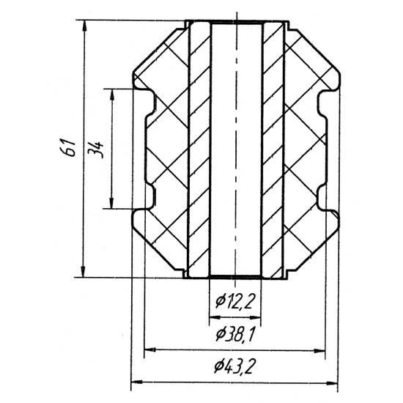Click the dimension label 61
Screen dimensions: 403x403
click(68, 147)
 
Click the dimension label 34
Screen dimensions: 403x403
click(95, 149)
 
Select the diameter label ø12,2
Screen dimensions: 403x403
click(235, 302)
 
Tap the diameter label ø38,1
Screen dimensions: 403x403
click(235, 334)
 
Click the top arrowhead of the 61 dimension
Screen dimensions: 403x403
click(84, 26)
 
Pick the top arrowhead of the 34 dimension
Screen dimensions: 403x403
click(112, 95)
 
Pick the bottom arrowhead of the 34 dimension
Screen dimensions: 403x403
click(111, 203)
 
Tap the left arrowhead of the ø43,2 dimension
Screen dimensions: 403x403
click(137, 382)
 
